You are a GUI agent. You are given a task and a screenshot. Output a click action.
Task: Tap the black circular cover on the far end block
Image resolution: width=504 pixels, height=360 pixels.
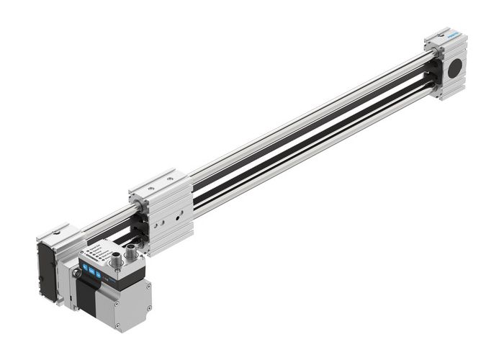[x=455, y=68]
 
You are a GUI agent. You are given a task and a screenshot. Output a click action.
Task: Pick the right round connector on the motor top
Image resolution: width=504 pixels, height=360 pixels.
[x=132, y=252]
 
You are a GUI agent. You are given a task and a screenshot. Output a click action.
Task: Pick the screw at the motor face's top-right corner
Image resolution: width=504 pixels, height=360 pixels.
[x=147, y=286]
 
